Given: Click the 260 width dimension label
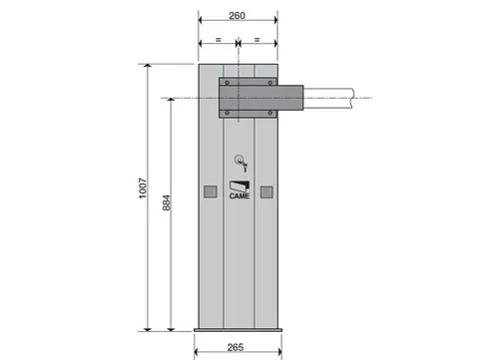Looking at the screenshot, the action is [x=237, y=16].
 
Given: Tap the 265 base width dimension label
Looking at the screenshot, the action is [x=236, y=347].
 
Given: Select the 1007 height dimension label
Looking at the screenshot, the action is [x=143, y=188].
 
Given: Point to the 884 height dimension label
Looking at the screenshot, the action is [x=167, y=202].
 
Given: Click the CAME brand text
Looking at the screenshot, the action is [x=239, y=196].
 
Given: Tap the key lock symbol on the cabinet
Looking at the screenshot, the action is [x=240, y=163].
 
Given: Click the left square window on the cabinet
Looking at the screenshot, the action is [x=211, y=191].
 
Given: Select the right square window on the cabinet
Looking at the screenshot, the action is [x=266, y=191].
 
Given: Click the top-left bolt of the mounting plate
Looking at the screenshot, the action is [x=228, y=83].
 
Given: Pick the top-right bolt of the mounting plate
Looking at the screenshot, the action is [x=270, y=83].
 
